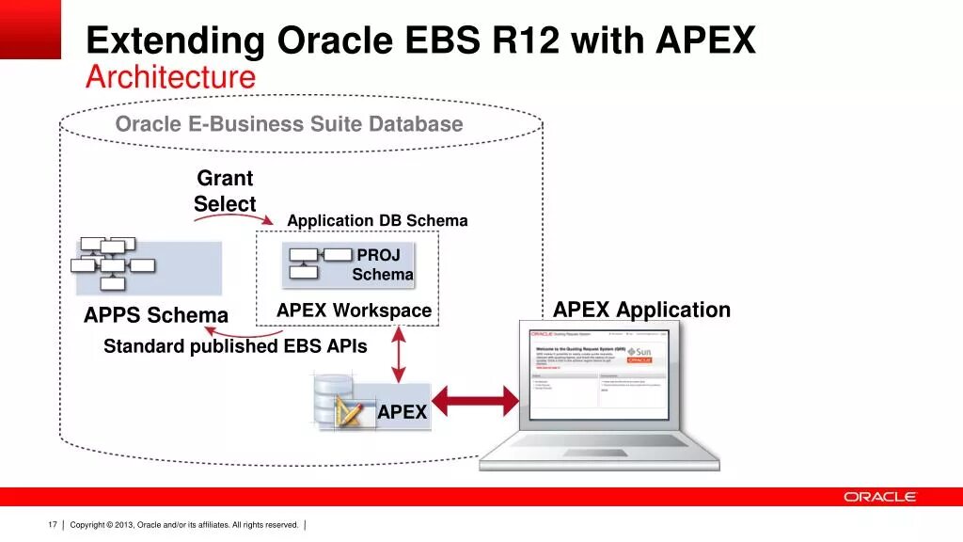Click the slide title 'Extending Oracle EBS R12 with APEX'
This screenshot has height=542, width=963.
click(420, 41)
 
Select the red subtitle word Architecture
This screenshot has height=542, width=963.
click(170, 77)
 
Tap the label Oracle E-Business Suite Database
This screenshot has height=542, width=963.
click(289, 124)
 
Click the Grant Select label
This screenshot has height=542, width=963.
click(225, 191)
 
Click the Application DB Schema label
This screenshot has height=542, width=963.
click(377, 221)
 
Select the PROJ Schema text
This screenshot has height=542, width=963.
click(383, 264)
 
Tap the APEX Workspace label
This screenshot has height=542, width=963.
click(354, 311)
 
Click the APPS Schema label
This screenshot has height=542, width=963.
click(156, 315)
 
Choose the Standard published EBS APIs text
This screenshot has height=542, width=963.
click(235, 346)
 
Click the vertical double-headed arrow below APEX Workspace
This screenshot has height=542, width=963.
click(400, 355)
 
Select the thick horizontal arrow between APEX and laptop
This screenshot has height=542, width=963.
click(475, 402)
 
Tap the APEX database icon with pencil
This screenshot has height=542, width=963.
click(339, 402)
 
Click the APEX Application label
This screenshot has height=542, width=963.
click(641, 311)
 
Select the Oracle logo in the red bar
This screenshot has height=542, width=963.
click(879, 497)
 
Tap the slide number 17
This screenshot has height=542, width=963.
click(53, 524)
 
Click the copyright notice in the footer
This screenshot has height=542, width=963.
click(184, 524)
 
